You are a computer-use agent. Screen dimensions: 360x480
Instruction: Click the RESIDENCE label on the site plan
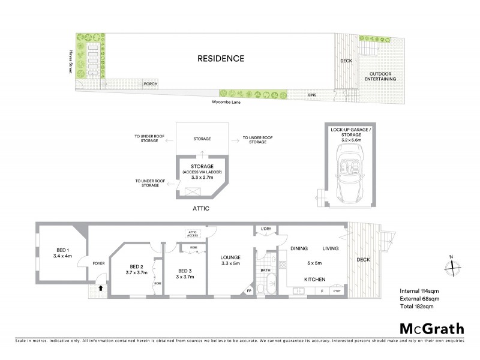pos(221,59)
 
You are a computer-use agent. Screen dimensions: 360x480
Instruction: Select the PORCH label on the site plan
pos(151,84)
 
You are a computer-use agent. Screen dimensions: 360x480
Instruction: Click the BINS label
pos(312,95)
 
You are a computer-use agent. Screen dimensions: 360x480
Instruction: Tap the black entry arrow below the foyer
pos(101,288)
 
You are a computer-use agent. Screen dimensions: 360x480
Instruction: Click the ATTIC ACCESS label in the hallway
pos(193,234)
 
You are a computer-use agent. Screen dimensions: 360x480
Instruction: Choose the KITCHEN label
pos(316,280)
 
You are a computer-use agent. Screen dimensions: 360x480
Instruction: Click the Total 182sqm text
pos(416,306)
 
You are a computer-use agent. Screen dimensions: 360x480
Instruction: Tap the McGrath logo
pos(431,328)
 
